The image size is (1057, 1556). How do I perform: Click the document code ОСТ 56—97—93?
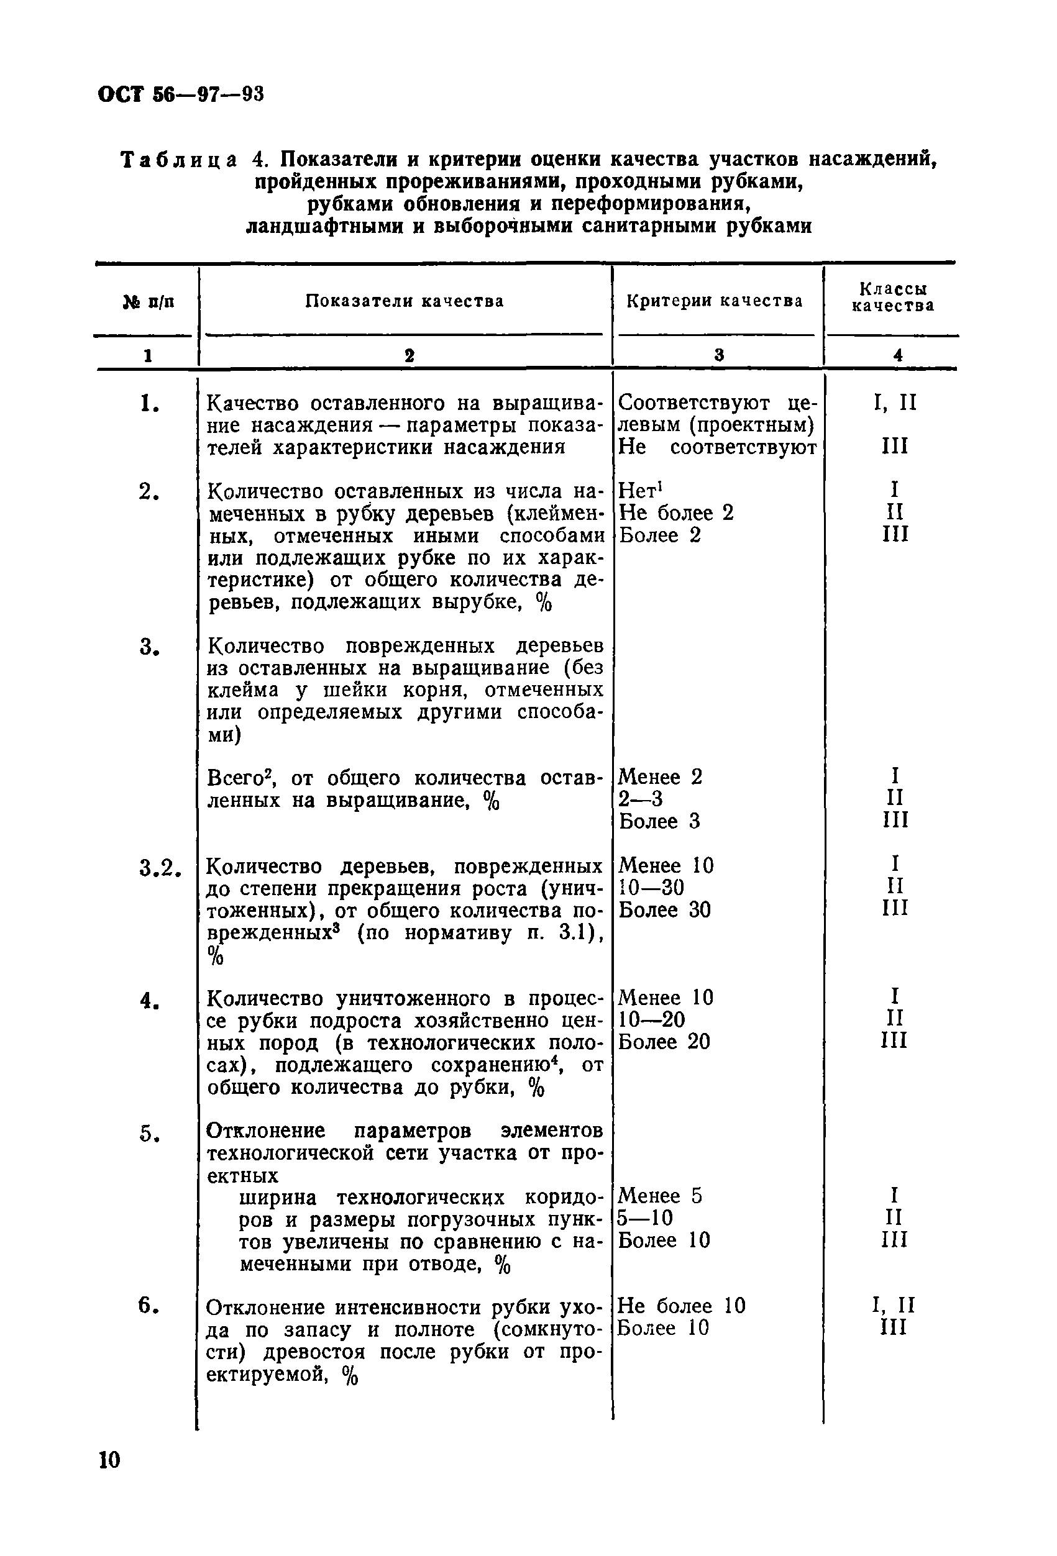tap(181, 94)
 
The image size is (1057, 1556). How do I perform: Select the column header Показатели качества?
tap(405, 301)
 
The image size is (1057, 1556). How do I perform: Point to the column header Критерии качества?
tap(714, 301)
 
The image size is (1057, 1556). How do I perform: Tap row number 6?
tap(149, 1305)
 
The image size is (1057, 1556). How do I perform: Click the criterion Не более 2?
tap(676, 513)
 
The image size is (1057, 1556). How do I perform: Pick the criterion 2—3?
tap(641, 799)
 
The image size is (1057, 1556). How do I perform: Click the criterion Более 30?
tap(664, 910)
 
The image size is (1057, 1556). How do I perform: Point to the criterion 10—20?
tap(651, 1020)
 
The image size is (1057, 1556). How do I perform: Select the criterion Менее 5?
tap(660, 1196)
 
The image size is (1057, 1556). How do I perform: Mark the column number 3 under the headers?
tap(719, 355)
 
